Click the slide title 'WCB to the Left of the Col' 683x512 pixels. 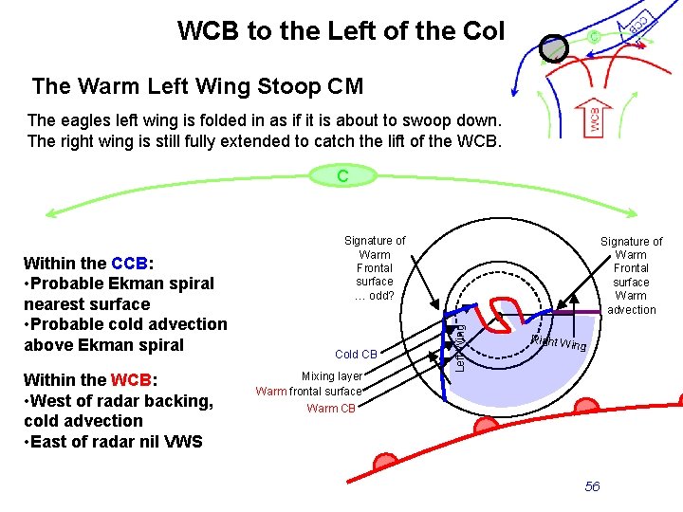(x=341, y=31)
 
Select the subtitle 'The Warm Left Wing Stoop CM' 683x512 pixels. (x=197, y=87)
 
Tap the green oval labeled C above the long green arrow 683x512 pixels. (x=342, y=175)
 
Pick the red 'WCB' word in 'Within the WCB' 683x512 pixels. (x=132, y=380)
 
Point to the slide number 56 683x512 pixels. (x=592, y=486)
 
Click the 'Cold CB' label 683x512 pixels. (x=357, y=355)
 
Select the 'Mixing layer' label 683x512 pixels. (x=331, y=376)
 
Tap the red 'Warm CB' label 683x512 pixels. (x=331, y=409)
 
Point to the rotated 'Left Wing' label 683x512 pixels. (x=458, y=347)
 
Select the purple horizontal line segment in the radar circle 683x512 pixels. (x=578, y=313)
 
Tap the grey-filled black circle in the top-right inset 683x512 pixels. (x=553, y=47)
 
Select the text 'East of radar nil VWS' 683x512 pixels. (x=117, y=441)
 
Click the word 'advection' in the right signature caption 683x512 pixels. (x=631, y=310)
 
